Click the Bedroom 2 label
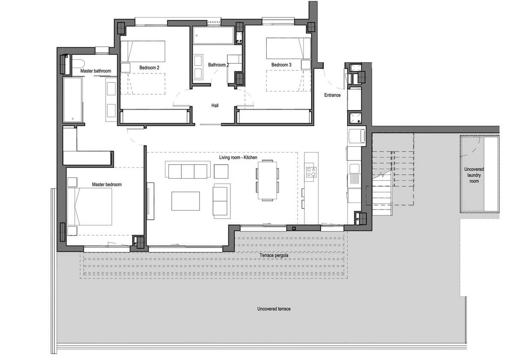[x=149, y=67]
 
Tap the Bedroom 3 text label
[x=281, y=65]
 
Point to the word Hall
[x=215, y=105]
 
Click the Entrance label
[x=332, y=95]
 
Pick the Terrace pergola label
[x=274, y=256]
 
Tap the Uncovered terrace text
[x=274, y=309]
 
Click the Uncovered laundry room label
[x=474, y=175]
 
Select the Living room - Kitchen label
[x=238, y=158]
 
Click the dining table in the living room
[x=267, y=180]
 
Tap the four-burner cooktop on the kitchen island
[x=311, y=172]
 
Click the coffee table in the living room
[x=186, y=201]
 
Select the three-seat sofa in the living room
[x=188, y=171]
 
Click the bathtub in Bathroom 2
[x=213, y=36]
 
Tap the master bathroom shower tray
[x=72, y=99]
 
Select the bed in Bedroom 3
[x=288, y=48]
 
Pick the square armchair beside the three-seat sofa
[x=221, y=171]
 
